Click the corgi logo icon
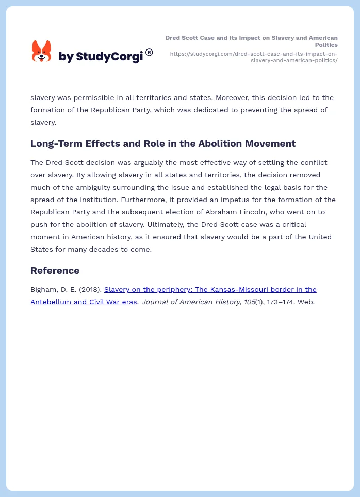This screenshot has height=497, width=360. pos(41,51)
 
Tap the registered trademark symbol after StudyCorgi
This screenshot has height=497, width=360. pos(149,52)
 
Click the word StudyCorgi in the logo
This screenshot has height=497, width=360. pos(109,57)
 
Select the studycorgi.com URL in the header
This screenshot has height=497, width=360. pos(254,57)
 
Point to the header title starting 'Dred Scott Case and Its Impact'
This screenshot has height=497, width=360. pos(252,41)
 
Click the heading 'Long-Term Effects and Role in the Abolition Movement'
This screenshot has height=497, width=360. pos(163,144)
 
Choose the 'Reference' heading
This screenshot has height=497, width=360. pos(55,271)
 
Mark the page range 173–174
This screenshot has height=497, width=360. pos(279,302)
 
